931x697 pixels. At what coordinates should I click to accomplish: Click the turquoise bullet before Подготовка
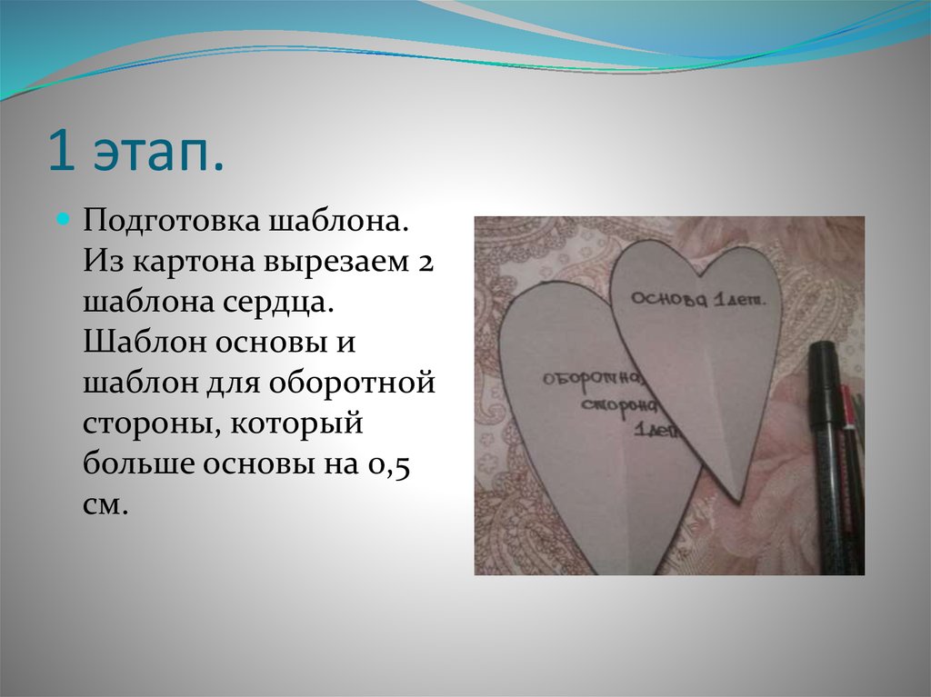(x=65, y=221)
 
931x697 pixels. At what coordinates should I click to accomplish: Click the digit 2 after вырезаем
(x=427, y=264)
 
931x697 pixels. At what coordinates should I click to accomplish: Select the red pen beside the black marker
(x=849, y=409)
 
